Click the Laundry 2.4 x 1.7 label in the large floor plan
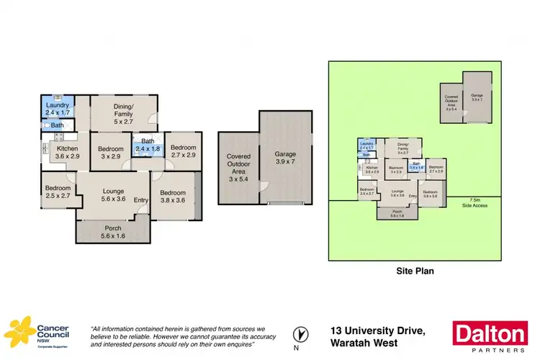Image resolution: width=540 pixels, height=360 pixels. pyautogui.click(x=57, y=108)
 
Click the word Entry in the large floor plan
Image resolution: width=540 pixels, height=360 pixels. pyautogui.click(x=140, y=200)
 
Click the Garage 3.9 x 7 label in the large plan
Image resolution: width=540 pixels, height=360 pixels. pyautogui.click(x=285, y=158)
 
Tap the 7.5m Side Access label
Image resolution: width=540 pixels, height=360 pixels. pyautogui.click(x=473, y=202)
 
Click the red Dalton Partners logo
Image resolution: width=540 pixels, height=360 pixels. pyautogui.click(x=489, y=337)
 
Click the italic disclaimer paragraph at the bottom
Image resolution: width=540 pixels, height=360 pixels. pyautogui.click(x=184, y=337)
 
